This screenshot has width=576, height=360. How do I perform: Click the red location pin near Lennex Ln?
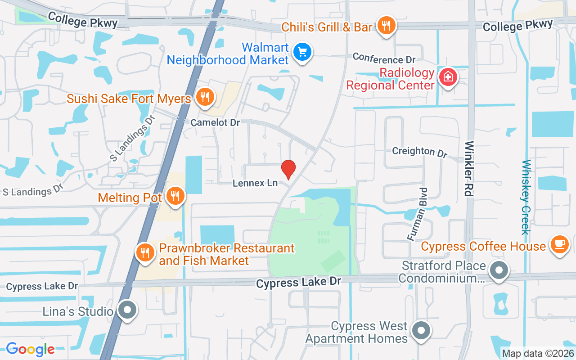point(288,169)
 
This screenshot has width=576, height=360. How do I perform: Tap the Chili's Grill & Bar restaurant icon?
point(387,26)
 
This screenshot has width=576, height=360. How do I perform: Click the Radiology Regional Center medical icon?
point(448,77)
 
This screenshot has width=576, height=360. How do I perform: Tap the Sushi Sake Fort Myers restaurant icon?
point(205,96)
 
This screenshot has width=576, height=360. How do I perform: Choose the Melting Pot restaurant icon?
point(175,196)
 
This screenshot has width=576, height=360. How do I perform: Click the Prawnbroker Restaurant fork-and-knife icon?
point(145,252)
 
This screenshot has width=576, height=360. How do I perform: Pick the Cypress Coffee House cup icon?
point(559,244)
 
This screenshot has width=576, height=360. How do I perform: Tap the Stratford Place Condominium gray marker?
point(499,271)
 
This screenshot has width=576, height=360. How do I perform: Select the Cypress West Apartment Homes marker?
point(421,331)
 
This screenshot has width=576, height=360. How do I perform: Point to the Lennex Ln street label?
point(255,183)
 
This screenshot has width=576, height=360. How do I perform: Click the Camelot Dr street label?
point(215,122)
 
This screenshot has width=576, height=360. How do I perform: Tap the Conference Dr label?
point(384,58)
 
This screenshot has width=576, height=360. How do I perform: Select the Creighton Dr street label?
point(419,151)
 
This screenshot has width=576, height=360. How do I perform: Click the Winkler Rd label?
point(469,169)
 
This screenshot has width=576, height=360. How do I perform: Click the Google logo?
point(30,349)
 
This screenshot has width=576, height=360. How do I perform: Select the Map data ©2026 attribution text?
point(538,354)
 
